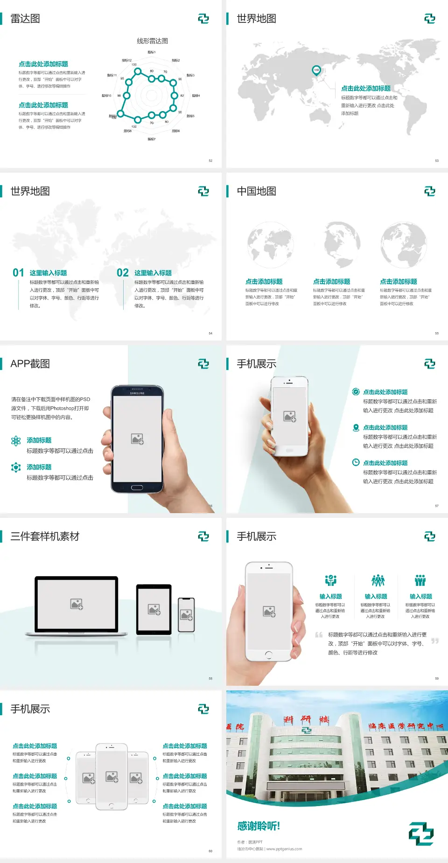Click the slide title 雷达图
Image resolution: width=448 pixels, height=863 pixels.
(x=25, y=19)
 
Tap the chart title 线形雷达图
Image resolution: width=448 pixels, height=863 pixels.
(x=152, y=41)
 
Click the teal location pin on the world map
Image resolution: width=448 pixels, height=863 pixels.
(x=316, y=70)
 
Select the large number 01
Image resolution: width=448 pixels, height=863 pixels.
(x=18, y=273)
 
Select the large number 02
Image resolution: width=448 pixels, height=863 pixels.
(x=123, y=273)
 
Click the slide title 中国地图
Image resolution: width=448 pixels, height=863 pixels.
(x=256, y=191)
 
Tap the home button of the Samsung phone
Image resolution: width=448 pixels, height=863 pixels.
(x=137, y=487)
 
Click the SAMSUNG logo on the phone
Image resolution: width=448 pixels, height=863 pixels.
(x=137, y=393)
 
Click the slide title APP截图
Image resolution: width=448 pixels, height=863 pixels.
(x=30, y=364)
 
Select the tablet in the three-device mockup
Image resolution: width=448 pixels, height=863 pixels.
(x=154, y=609)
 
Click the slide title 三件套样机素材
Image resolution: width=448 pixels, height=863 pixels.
(x=45, y=536)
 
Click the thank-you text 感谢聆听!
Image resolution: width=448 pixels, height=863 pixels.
(x=259, y=826)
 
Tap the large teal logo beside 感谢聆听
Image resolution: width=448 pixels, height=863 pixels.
(x=421, y=834)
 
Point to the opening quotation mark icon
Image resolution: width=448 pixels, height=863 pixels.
(x=319, y=635)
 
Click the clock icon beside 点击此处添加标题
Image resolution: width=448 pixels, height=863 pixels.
(x=356, y=462)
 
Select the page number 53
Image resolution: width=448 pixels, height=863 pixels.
(x=437, y=161)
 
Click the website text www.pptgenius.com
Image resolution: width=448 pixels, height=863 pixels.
(x=284, y=849)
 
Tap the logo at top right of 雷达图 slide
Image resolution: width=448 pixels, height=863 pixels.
(x=203, y=19)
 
